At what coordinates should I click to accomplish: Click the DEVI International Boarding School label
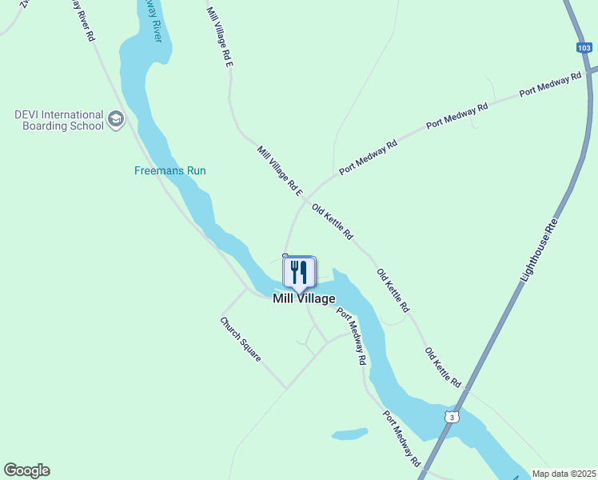pyautogui.click(x=59, y=120)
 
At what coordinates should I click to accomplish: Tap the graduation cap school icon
pyautogui.click(x=116, y=120)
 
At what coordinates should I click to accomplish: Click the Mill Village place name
pyautogui.click(x=304, y=298)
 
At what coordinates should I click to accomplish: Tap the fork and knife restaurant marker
pyautogui.click(x=300, y=273)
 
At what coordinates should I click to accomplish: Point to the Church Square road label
pyautogui.click(x=241, y=338)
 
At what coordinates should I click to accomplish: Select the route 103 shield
pyautogui.click(x=584, y=48)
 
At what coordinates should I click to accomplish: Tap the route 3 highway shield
pyautogui.click(x=452, y=418)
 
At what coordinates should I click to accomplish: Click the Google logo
pyautogui.click(x=26, y=470)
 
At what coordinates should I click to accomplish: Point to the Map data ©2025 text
pyautogui.click(x=563, y=474)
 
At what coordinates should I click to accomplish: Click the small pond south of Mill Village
pyautogui.click(x=350, y=434)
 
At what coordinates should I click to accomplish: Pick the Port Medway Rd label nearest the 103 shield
pyautogui.click(x=550, y=84)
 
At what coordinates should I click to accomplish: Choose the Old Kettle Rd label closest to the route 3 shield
pyautogui.click(x=443, y=367)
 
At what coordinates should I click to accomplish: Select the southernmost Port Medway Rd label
pyautogui.click(x=401, y=439)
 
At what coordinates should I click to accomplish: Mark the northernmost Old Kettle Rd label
pyautogui.click(x=333, y=221)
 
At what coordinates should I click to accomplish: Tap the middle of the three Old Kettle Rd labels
pyautogui.click(x=393, y=290)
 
